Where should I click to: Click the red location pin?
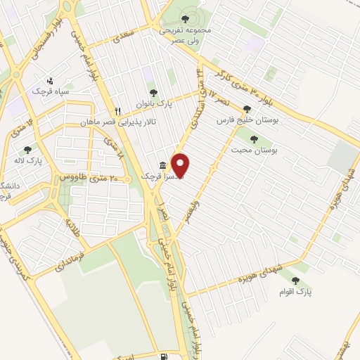point(181,164)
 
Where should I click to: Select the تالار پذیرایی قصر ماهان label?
point(150,122)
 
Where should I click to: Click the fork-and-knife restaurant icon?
point(118,111)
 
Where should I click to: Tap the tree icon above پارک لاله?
point(27,149)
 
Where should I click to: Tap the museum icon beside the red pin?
point(163,166)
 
